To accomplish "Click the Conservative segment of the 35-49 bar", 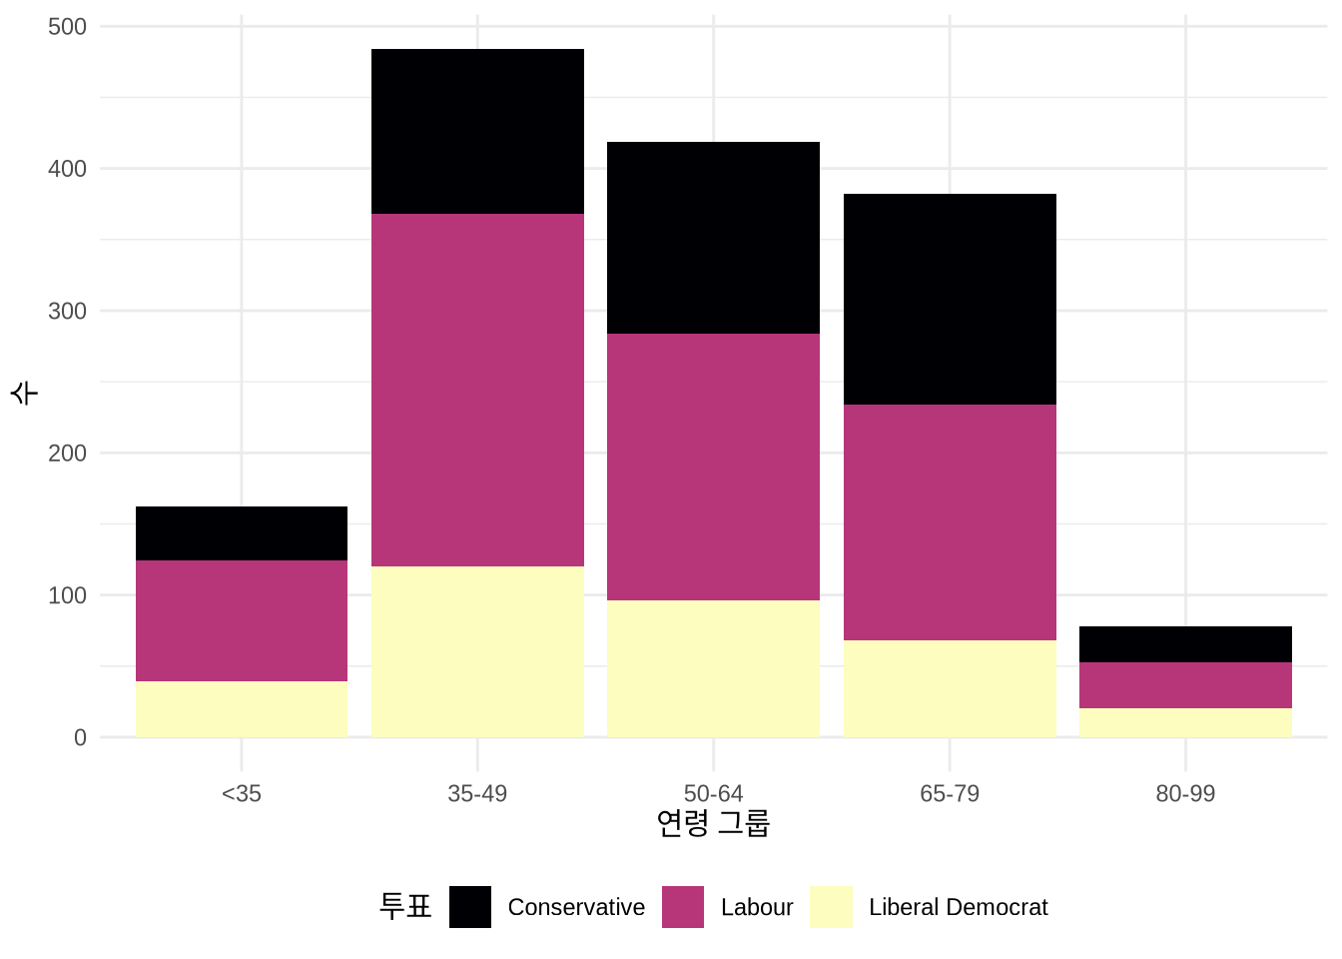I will point(477,131).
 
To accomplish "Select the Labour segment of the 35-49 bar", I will point(477,390).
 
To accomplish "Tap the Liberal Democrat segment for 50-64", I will point(713,668).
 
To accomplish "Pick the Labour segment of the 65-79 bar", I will point(950,521).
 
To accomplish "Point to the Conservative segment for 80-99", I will point(1185,644).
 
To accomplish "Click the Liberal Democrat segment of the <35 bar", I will point(242,709).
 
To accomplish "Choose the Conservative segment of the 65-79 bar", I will point(950,299).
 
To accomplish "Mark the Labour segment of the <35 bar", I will point(242,620).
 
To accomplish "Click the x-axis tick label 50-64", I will point(713,793).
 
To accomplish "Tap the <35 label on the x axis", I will point(242,793).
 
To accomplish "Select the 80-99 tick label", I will point(1185,793).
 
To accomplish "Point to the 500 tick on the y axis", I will point(67,27).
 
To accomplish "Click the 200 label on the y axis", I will point(67,454).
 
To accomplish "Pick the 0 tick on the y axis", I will point(80,738).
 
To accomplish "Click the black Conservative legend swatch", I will point(470,907).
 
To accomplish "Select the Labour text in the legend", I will point(757,907).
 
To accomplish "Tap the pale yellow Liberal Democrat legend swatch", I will point(832,907).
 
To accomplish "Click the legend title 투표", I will point(405,906).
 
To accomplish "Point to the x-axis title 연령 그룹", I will point(713,824).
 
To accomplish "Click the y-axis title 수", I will point(24,392).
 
